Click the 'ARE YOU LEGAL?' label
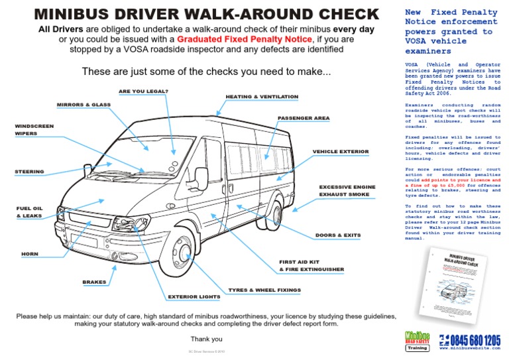(142, 91)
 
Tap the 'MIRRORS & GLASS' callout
(84, 105)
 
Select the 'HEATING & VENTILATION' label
(262, 97)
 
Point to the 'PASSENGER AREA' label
(303, 118)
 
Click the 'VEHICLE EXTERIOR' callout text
(341, 151)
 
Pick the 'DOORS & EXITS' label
(338, 235)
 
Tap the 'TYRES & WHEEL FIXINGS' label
(264, 290)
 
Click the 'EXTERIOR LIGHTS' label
(194, 296)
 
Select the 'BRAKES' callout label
(94, 282)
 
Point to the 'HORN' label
(30, 254)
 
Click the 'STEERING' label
(30, 172)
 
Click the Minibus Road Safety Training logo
(418, 339)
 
